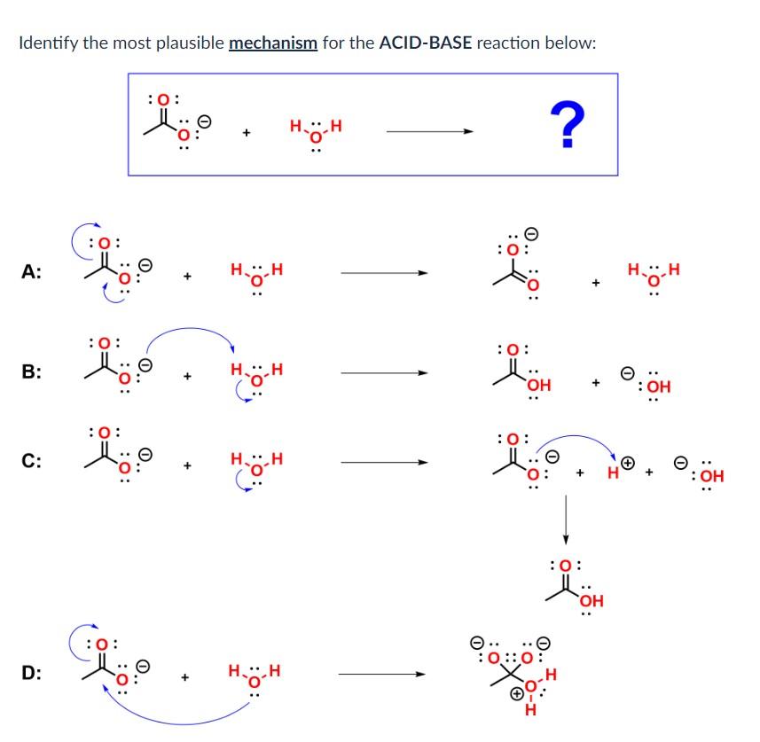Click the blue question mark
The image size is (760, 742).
568,124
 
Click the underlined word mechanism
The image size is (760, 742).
272,43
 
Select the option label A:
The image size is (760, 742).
31,273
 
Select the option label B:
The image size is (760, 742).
31,372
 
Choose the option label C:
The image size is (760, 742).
31,461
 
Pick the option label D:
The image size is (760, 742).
31,673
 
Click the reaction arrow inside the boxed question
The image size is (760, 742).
429,132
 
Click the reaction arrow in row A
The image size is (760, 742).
385,273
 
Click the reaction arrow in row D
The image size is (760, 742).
382,674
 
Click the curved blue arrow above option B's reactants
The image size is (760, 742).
190,335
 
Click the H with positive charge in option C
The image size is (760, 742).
615,471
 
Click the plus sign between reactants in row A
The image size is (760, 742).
187,277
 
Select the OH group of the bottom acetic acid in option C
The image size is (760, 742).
591,602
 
